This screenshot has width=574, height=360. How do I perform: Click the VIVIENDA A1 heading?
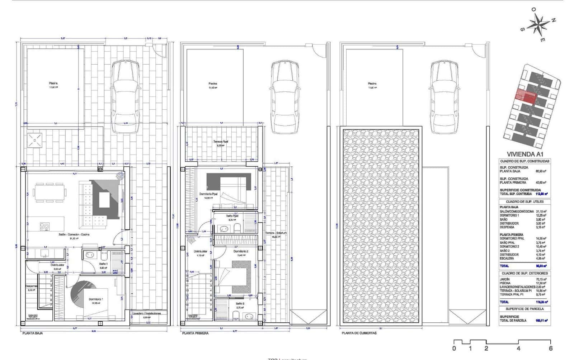[x=524, y=153]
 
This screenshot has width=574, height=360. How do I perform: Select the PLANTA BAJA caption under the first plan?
[x=33, y=333]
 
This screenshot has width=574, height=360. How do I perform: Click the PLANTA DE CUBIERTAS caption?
[x=359, y=333]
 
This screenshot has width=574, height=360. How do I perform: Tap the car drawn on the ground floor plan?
[x=124, y=96]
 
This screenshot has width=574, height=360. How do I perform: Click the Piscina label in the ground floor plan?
[x=53, y=83]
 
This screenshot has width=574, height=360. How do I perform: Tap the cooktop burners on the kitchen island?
[x=45, y=226]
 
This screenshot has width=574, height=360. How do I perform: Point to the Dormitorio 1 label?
[x=96, y=299]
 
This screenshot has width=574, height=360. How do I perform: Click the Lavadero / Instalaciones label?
[x=146, y=313]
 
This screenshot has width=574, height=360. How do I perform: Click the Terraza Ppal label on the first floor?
[x=220, y=142]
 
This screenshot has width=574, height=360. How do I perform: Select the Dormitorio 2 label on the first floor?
[x=241, y=251]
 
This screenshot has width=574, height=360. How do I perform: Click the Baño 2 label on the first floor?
[x=240, y=303]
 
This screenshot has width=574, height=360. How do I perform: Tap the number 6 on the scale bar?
[x=550, y=348]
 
